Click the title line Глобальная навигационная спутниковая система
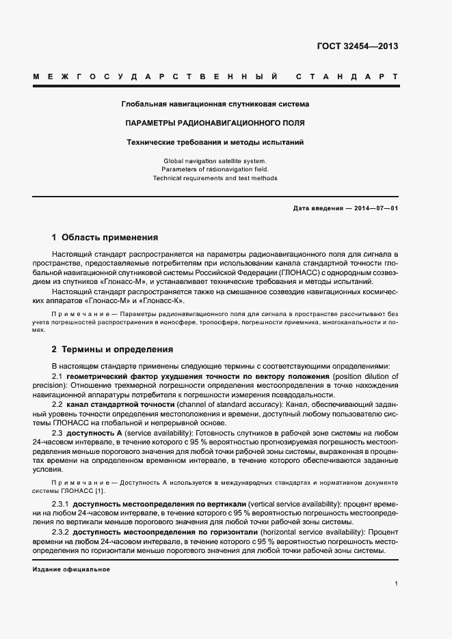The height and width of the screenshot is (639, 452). (215, 104)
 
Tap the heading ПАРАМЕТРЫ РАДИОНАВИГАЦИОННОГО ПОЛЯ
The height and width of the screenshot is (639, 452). (215, 124)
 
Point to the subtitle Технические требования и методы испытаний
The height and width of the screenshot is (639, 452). (215, 143)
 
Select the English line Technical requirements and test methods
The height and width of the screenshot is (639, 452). (215, 178)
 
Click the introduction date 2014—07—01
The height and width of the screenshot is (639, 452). (375, 208)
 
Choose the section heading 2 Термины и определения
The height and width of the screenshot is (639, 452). (113, 348)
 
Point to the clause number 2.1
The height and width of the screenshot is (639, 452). (57, 377)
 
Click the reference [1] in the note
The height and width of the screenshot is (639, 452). (100, 491)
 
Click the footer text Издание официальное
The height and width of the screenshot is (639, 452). (71, 569)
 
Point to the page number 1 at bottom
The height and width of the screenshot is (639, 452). (396, 584)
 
